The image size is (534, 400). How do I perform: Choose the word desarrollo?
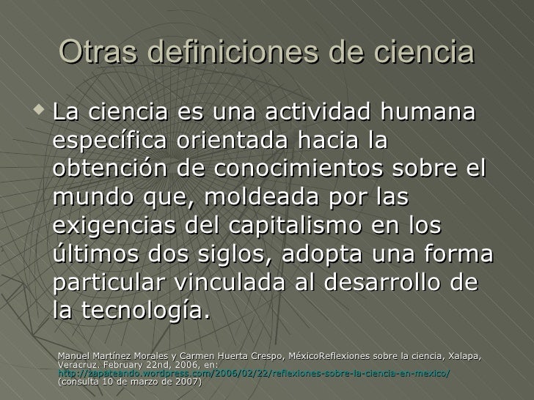pos(401,282)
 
